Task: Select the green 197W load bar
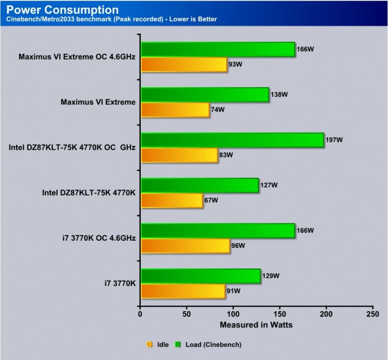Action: tap(232, 140)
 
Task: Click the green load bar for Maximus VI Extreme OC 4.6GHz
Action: tap(218, 49)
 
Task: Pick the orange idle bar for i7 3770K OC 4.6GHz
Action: tap(185, 245)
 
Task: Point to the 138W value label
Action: tap(279, 95)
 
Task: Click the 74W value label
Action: tap(217, 110)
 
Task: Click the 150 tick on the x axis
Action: tap(280, 313)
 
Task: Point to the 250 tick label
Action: tap(373, 313)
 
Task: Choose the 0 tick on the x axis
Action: tap(140, 313)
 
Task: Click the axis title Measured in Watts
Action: tap(256, 324)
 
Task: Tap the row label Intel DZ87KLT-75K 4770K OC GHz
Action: tap(72, 148)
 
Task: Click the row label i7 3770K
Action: tap(120, 283)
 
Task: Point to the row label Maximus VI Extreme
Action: tap(98, 102)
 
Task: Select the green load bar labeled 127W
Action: tap(200, 185)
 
